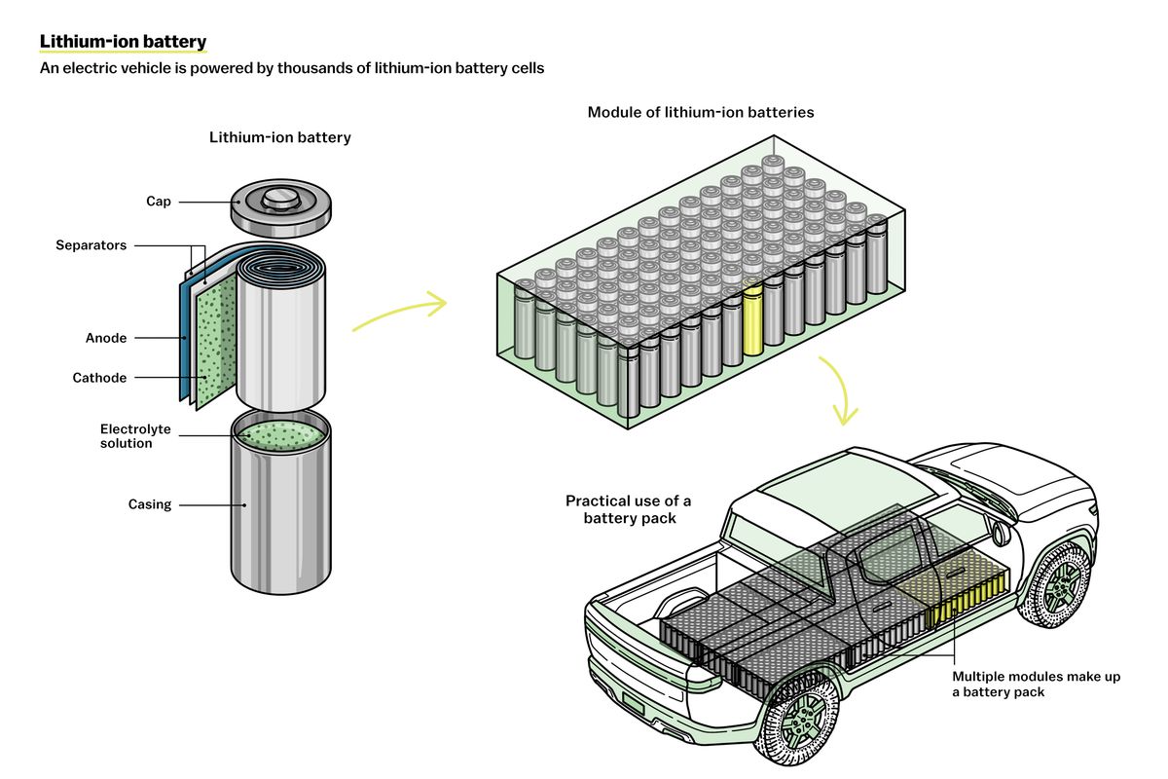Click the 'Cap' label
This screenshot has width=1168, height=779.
(158, 202)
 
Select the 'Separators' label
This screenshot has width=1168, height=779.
(91, 245)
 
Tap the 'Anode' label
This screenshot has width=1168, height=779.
(106, 338)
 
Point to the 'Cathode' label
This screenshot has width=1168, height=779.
(99, 378)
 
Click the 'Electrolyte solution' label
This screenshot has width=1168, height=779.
(134, 436)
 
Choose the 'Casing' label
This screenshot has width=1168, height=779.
(149, 504)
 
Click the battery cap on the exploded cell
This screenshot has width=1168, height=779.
(281, 203)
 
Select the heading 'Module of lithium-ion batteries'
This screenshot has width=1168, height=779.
(701, 112)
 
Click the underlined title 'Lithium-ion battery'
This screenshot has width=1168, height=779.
(123, 42)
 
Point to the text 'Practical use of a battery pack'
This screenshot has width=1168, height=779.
(629, 509)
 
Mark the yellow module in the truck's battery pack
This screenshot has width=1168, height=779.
(964, 600)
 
